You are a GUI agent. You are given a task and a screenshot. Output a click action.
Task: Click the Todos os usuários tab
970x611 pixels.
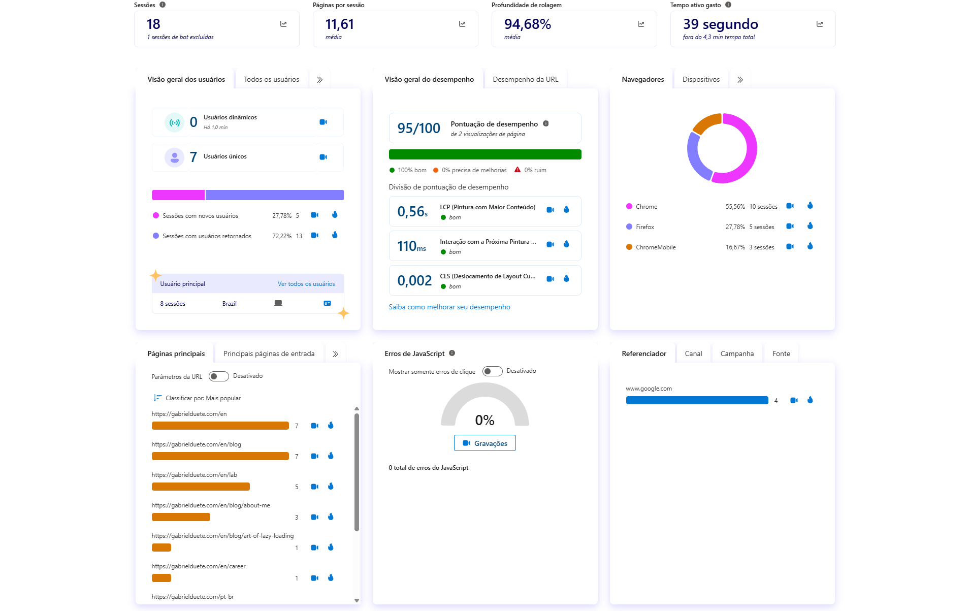(271, 79)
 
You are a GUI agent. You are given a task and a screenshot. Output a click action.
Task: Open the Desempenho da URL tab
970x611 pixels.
(525, 79)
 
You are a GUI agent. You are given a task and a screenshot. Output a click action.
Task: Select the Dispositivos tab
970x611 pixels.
(701, 79)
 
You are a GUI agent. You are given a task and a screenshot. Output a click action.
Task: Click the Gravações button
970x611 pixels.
(484, 443)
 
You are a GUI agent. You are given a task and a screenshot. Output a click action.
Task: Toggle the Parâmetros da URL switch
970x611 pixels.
(219, 376)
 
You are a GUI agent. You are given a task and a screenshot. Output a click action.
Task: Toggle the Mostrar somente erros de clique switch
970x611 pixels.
(492, 371)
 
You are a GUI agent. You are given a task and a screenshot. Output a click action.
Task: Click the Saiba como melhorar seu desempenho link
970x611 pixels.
(449, 307)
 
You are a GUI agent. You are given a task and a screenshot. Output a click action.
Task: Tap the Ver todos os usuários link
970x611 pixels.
(306, 284)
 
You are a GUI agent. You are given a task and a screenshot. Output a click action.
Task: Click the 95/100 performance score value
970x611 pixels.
(418, 128)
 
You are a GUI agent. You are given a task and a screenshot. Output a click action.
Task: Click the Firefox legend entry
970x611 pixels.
(644, 227)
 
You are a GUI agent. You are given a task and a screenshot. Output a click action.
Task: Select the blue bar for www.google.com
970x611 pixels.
(697, 400)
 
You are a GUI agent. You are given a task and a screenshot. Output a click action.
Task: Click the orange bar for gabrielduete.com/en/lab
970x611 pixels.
(201, 487)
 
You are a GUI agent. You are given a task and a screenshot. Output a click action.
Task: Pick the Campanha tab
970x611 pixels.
(736, 353)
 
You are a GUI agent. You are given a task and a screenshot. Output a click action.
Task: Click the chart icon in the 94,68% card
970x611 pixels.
(641, 24)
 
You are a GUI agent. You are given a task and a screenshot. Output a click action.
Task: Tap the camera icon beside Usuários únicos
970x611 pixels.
(323, 157)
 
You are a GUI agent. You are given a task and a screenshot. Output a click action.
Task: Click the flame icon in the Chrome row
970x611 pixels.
(810, 206)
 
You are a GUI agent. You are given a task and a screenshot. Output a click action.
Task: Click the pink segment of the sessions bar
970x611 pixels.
(178, 195)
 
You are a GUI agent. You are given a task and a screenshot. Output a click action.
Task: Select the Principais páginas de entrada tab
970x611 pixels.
(269, 353)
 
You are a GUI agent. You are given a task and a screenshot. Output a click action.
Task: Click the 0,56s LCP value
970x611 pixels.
(412, 211)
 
